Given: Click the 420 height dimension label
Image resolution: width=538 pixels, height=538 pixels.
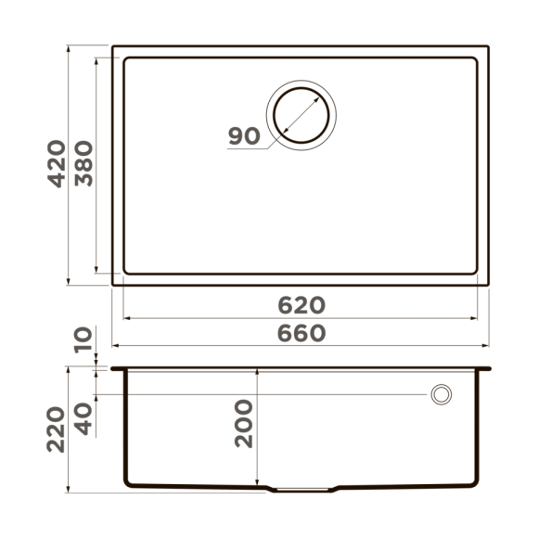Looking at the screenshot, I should coord(57,164).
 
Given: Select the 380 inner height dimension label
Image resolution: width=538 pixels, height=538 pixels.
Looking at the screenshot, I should coord(83,164).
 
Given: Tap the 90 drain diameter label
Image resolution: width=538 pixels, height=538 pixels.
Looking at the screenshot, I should coord(243,136).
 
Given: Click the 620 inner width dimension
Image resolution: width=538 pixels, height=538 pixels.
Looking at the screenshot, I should coord(301,305).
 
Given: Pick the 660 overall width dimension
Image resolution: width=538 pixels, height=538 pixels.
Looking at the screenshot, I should coord(301,333).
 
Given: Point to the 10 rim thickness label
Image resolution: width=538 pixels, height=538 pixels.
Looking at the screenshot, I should coord(84,340).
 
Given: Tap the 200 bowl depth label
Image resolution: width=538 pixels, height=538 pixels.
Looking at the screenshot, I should coord(244,423).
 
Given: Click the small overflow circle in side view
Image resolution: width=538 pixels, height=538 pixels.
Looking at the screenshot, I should coord(441,394).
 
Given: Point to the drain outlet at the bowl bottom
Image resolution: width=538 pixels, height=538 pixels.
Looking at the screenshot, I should coord(302,488).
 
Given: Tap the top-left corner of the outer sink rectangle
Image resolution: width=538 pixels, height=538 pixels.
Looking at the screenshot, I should coord(112,45).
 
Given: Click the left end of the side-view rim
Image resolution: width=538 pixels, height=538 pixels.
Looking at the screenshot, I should coord(113,368).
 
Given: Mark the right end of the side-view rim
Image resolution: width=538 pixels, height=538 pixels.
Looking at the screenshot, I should coord(489,368).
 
